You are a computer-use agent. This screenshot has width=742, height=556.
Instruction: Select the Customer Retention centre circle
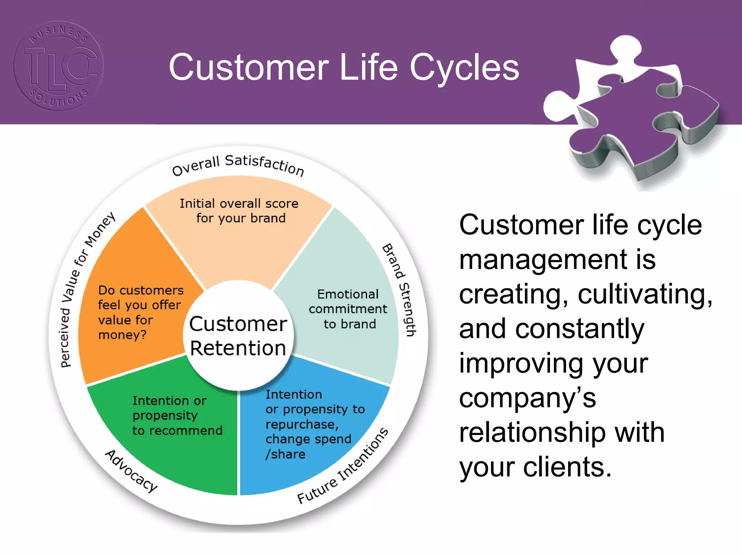tap(238, 336)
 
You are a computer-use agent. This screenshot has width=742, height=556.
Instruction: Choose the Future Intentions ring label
tap(343, 467)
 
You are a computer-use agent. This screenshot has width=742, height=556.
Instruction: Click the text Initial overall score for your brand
tap(239, 211)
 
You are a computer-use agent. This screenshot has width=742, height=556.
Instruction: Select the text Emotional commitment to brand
tap(348, 309)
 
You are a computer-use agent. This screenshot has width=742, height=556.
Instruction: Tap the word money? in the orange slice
tap(122, 335)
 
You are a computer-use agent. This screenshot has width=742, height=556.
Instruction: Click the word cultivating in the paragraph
tap(645, 294)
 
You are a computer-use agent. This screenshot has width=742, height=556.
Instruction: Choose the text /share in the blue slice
tap(285, 454)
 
